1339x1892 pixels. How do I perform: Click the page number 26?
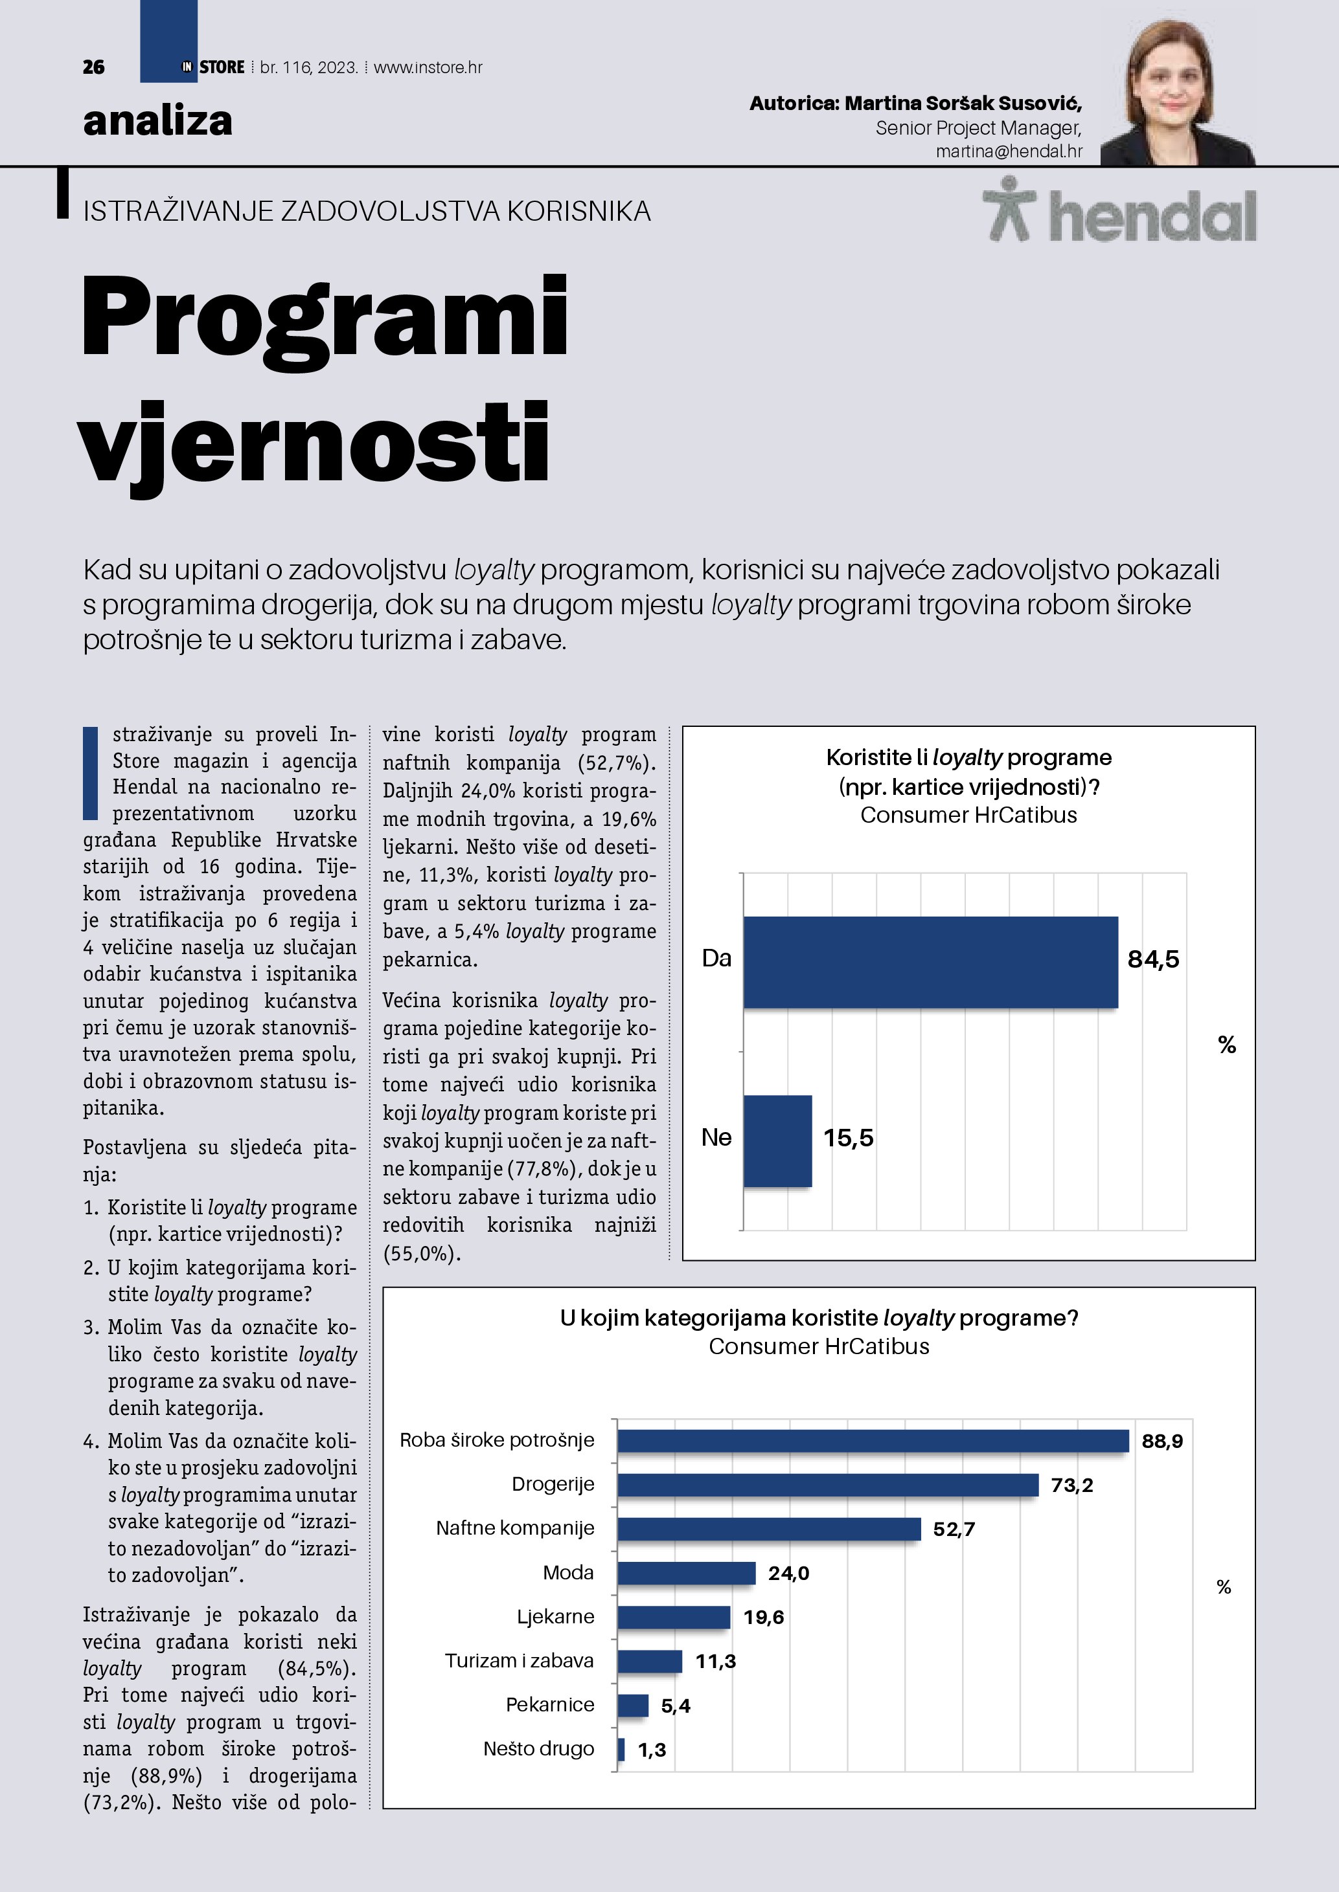pyautogui.click(x=93, y=67)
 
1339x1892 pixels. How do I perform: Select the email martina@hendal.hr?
pyautogui.click(x=1009, y=151)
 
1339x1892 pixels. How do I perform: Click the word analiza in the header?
pyautogui.click(x=157, y=120)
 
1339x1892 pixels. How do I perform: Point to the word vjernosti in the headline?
pyautogui.click(x=314, y=445)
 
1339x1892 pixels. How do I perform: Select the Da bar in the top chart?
pyautogui.click(x=930, y=962)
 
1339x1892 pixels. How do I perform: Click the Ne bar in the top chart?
pyautogui.click(x=777, y=1141)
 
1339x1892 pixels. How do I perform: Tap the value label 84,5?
pyautogui.click(x=1152, y=959)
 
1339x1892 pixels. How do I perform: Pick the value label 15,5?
pyautogui.click(x=847, y=1138)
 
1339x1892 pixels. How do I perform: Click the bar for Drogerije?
pyautogui.click(x=827, y=1485)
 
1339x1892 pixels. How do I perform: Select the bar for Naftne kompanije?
pyautogui.click(x=768, y=1529)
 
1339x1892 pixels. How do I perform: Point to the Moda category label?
pyautogui.click(x=568, y=1572)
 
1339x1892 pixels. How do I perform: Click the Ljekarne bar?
pyautogui.click(x=674, y=1617)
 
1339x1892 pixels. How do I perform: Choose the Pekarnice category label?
pyautogui.click(x=550, y=1704)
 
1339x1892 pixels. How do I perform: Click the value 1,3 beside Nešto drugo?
pyautogui.click(x=651, y=1750)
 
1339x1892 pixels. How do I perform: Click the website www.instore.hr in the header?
pyautogui.click(x=428, y=67)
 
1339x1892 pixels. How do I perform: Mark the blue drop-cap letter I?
pyautogui.click(x=91, y=773)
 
